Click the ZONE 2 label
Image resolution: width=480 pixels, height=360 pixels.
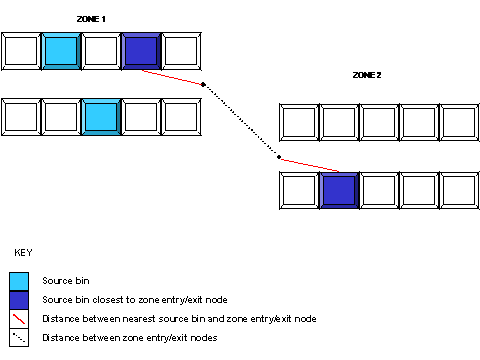click(x=367, y=75)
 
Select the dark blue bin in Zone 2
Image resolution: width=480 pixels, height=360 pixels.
click(x=339, y=189)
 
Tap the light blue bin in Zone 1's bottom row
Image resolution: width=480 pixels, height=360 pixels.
click(x=100, y=115)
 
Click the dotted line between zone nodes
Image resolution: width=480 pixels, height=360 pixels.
click(x=241, y=121)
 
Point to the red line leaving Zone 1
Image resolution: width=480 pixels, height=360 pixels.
click(x=172, y=76)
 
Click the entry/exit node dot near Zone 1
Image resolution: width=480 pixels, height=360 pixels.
click(x=204, y=85)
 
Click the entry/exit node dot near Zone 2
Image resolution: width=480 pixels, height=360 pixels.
click(x=278, y=157)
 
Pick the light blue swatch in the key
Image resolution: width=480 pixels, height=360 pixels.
click(x=19, y=280)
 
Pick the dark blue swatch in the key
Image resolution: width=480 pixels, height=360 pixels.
click(x=19, y=300)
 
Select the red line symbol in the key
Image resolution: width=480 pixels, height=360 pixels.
click(x=19, y=319)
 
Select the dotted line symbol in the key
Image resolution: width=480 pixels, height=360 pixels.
click(x=19, y=338)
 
